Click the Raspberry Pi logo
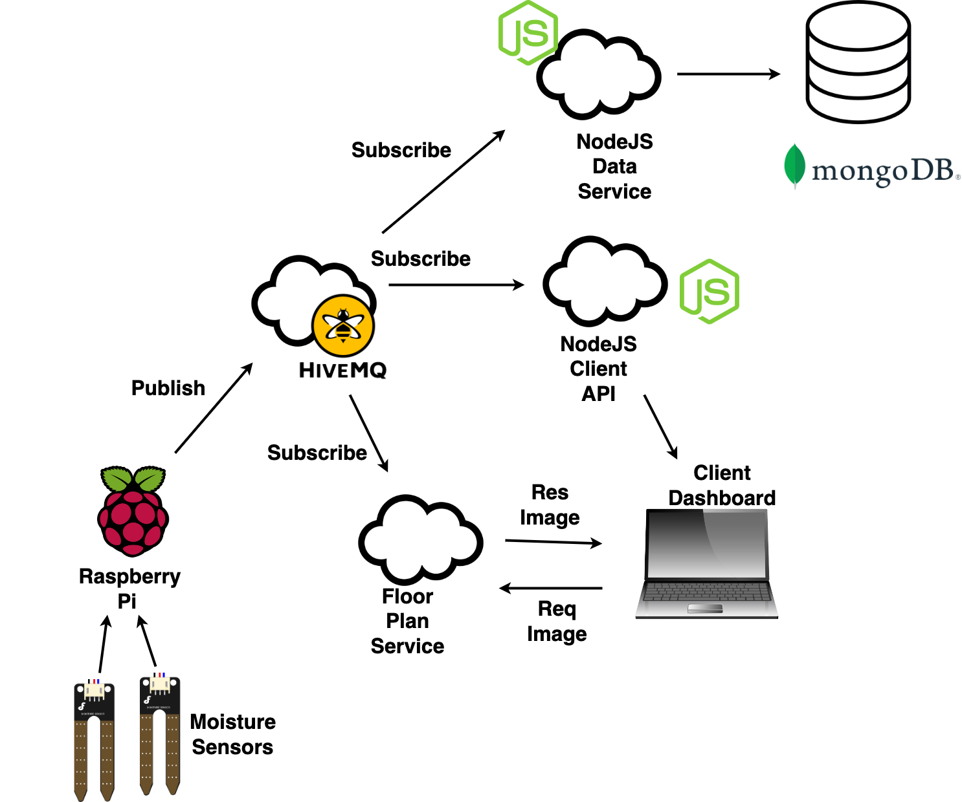(x=133, y=511)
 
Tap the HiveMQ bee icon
(x=342, y=325)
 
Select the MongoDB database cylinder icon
(x=858, y=62)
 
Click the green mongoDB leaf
(x=794, y=166)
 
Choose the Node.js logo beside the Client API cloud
(x=710, y=291)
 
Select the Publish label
(x=168, y=388)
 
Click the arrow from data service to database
(x=728, y=74)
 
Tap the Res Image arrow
(x=553, y=542)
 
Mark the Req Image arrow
(x=551, y=589)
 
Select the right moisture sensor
(x=160, y=734)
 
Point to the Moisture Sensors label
(x=233, y=734)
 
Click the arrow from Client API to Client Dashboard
(x=660, y=427)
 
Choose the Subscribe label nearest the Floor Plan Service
(x=317, y=453)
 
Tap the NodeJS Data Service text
(x=614, y=166)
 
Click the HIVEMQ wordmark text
(x=342, y=370)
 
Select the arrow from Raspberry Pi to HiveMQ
(x=214, y=408)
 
